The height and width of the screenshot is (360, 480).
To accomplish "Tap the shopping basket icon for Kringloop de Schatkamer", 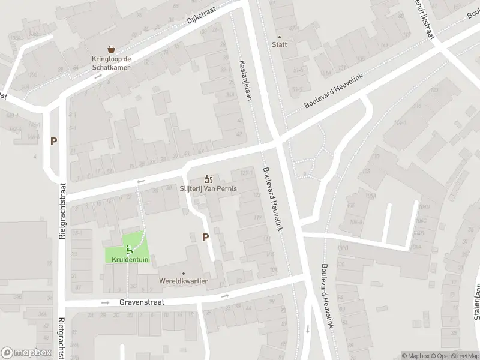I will [x=111, y=49].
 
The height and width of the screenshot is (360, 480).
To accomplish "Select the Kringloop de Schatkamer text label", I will [x=111, y=63].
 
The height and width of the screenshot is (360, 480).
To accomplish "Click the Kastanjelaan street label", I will [x=244, y=81].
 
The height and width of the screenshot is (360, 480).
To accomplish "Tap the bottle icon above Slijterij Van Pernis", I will [x=208, y=178].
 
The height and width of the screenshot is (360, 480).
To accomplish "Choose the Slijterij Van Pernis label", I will [x=208, y=188].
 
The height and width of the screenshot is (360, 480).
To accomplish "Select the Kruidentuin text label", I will [x=129, y=259].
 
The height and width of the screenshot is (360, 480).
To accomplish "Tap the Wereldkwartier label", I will [x=184, y=281].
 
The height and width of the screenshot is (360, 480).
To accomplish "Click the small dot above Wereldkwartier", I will [x=184, y=272].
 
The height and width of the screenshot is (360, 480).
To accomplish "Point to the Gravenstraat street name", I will [x=142, y=303].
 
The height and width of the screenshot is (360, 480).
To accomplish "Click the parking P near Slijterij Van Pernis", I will [x=205, y=237].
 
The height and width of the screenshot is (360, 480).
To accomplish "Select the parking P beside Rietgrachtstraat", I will [x=53, y=142].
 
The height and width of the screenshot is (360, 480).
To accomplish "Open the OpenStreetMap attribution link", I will [x=454, y=356].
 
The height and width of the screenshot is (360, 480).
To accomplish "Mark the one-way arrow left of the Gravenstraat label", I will [x=106, y=302].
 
